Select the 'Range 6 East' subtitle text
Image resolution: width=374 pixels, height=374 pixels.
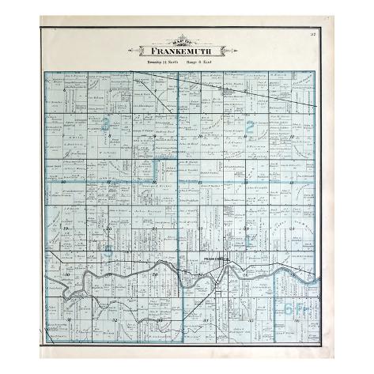pyautogui.click(x=202, y=60)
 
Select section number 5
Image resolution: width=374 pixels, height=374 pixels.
pyautogui.click(x=109, y=91)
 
